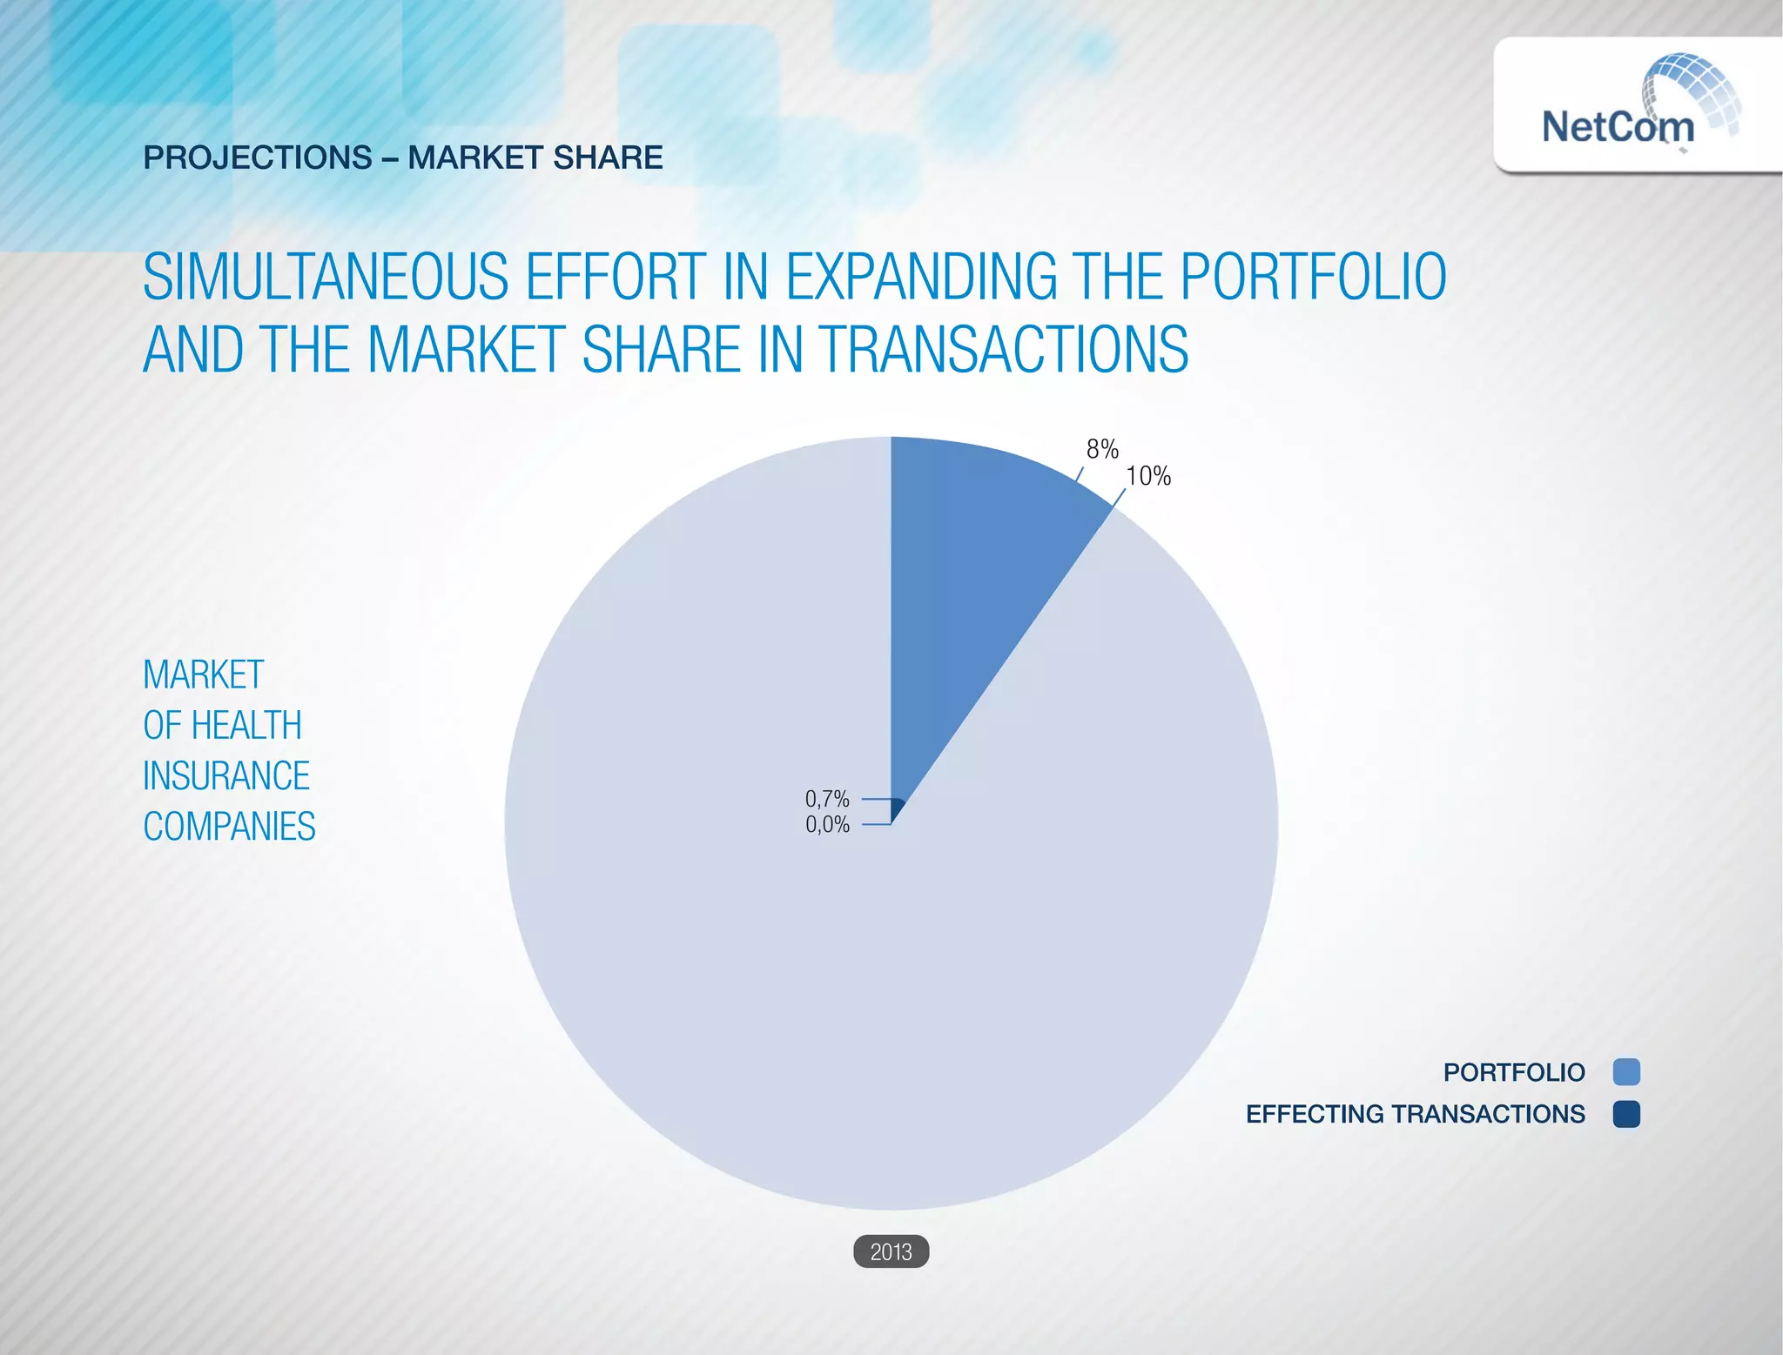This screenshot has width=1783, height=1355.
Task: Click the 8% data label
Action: click(x=1102, y=449)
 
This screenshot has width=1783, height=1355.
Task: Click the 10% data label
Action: click(x=1148, y=476)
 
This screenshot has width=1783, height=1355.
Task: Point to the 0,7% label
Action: click(x=827, y=799)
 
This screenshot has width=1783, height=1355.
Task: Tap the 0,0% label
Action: click(x=827, y=824)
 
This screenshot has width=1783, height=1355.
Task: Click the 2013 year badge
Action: click(x=891, y=1251)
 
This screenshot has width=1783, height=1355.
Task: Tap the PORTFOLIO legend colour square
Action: click(x=1625, y=1072)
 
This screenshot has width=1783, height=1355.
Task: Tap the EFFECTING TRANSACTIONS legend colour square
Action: click(x=1625, y=1114)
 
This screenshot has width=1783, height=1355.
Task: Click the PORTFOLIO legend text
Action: click(x=1514, y=1072)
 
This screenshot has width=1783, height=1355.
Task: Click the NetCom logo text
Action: click(x=1618, y=127)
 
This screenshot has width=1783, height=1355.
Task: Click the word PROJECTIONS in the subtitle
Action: click(x=258, y=158)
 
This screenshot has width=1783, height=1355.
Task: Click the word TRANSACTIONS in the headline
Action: click(x=1005, y=350)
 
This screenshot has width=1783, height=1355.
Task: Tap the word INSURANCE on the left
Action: click(x=226, y=775)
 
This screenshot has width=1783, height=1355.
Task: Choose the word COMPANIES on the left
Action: click(x=229, y=826)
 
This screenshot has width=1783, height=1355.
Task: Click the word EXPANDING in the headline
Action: click(x=921, y=277)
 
